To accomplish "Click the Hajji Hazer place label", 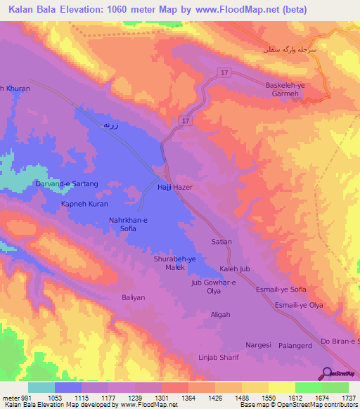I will (174, 188).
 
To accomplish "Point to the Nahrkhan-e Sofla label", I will (128, 224).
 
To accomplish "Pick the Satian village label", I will (221, 241).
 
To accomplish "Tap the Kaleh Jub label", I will (234, 269).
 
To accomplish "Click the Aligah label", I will (220, 314).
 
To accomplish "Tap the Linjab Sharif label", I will (219, 357).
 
